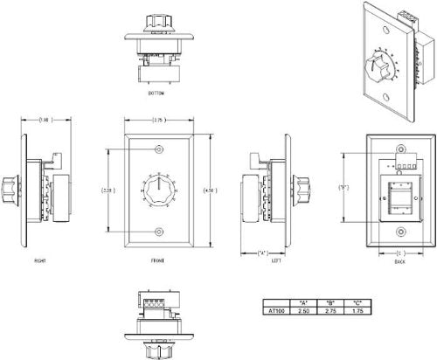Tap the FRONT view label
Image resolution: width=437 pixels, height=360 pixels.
(157, 259)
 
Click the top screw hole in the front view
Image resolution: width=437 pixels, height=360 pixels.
(158, 148)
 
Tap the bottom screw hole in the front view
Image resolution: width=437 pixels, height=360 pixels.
(158, 231)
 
